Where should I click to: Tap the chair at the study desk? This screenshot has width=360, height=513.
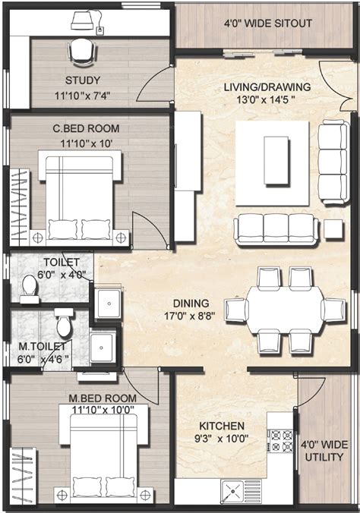click(x=81, y=52)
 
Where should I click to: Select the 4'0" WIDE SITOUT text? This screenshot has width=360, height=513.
click(x=268, y=24)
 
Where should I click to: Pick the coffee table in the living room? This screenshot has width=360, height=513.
click(x=275, y=160)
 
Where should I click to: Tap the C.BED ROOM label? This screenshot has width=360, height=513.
click(x=84, y=128)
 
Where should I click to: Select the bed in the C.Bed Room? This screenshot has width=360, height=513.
click(x=80, y=196)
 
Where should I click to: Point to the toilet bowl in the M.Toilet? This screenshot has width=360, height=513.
click(x=64, y=326)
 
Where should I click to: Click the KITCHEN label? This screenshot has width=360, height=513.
click(x=222, y=426)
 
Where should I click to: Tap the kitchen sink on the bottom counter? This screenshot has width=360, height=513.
click(x=234, y=491)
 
